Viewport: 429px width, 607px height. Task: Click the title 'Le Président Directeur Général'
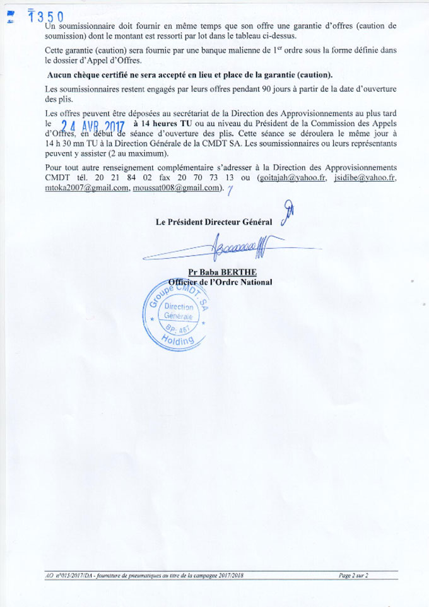click(214, 221)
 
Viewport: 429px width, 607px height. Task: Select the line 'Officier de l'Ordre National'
click(220, 282)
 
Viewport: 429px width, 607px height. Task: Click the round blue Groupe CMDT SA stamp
click(175, 316)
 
